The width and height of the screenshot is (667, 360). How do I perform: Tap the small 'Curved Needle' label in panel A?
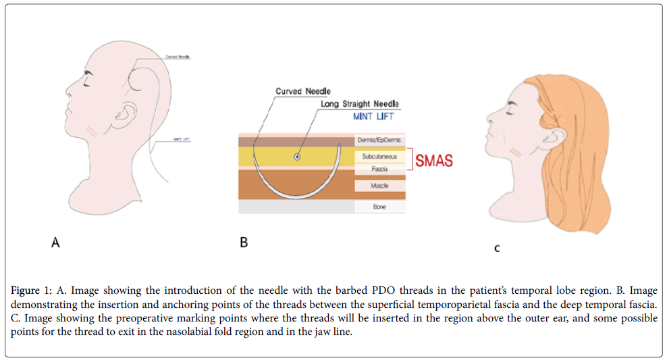(x=178, y=57)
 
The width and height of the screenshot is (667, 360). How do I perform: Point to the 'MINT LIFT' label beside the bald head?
(x=182, y=140)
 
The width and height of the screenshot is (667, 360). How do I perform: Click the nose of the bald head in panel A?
(x=69, y=86)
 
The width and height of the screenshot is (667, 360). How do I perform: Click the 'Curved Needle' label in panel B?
(x=303, y=91)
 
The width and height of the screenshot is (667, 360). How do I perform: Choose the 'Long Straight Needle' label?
(x=360, y=104)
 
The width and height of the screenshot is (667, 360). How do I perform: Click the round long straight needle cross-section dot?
(x=297, y=157)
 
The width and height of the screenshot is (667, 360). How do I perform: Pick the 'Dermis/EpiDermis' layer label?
(x=378, y=140)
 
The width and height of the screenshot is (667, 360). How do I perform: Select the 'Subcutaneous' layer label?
(x=378, y=156)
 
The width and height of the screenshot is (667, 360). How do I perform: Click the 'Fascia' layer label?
(x=379, y=170)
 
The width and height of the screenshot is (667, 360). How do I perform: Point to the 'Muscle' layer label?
(x=379, y=185)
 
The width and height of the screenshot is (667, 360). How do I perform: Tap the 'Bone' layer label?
(x=379, y=207)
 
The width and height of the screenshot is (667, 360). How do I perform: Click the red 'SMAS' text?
(x=434, y=161)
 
